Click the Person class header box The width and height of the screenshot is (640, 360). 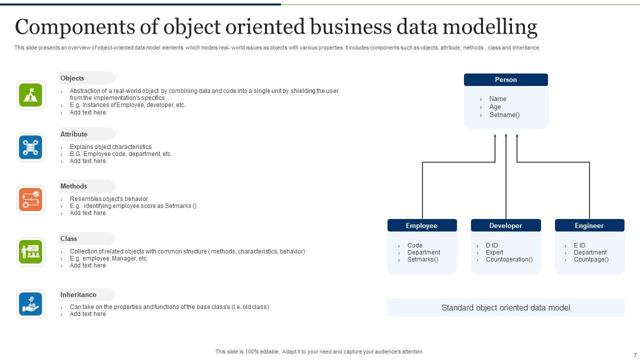pos(505,79)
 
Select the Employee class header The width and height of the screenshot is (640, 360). pos(422,225)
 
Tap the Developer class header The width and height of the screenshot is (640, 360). pos(505,225)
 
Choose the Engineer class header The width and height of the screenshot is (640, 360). pos(589,225)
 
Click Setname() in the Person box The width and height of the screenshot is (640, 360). pos(504,115)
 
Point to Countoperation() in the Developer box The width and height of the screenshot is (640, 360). pos(509,259)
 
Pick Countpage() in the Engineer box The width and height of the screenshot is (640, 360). pos(591,259)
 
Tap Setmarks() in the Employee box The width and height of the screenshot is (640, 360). pos(422,259)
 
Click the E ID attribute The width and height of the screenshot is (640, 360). pos(579,245)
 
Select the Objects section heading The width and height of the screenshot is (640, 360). pos(72,78)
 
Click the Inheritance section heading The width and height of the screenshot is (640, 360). pos(78,294)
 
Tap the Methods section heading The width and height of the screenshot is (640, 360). pos(73,186)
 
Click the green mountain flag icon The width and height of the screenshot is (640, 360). pos(30,95)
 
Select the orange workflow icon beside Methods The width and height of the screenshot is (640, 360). pos(30,199)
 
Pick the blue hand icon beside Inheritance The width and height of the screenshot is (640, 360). pos(30,304)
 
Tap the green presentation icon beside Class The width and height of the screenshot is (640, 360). pos(30,251)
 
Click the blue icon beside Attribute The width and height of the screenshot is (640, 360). pos(30,147)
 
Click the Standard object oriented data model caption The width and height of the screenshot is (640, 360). pos(505,307)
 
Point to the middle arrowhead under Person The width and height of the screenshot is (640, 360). pos(506,135)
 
